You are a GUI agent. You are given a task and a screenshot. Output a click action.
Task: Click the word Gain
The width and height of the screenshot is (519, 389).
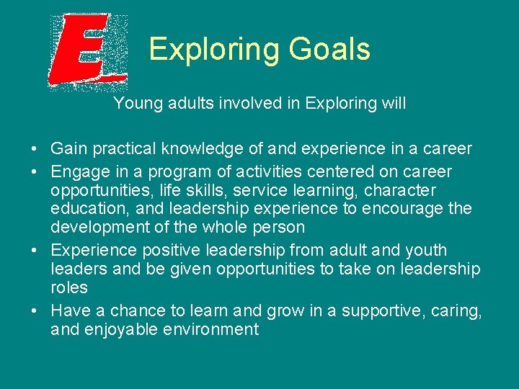[68, 149]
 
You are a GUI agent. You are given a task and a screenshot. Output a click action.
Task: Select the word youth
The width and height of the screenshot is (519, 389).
[426, 251]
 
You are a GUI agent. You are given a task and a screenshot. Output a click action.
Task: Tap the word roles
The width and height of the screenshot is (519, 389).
[69, 288]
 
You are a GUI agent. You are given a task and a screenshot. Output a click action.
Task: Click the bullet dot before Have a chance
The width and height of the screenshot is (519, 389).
[35, 311]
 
